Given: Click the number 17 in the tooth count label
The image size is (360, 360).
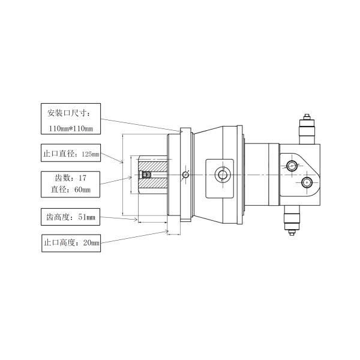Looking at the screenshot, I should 82,178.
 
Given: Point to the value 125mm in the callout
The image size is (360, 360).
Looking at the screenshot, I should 90,154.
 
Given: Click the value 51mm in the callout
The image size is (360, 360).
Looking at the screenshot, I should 87,217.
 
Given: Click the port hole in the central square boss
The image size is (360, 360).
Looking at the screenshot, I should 223,175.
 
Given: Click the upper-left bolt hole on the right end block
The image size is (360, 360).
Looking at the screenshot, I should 292,166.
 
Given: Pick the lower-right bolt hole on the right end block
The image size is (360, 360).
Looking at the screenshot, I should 307,182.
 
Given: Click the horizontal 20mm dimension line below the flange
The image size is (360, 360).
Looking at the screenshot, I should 173,233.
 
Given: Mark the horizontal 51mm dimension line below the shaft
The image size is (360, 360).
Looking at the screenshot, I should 152,222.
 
